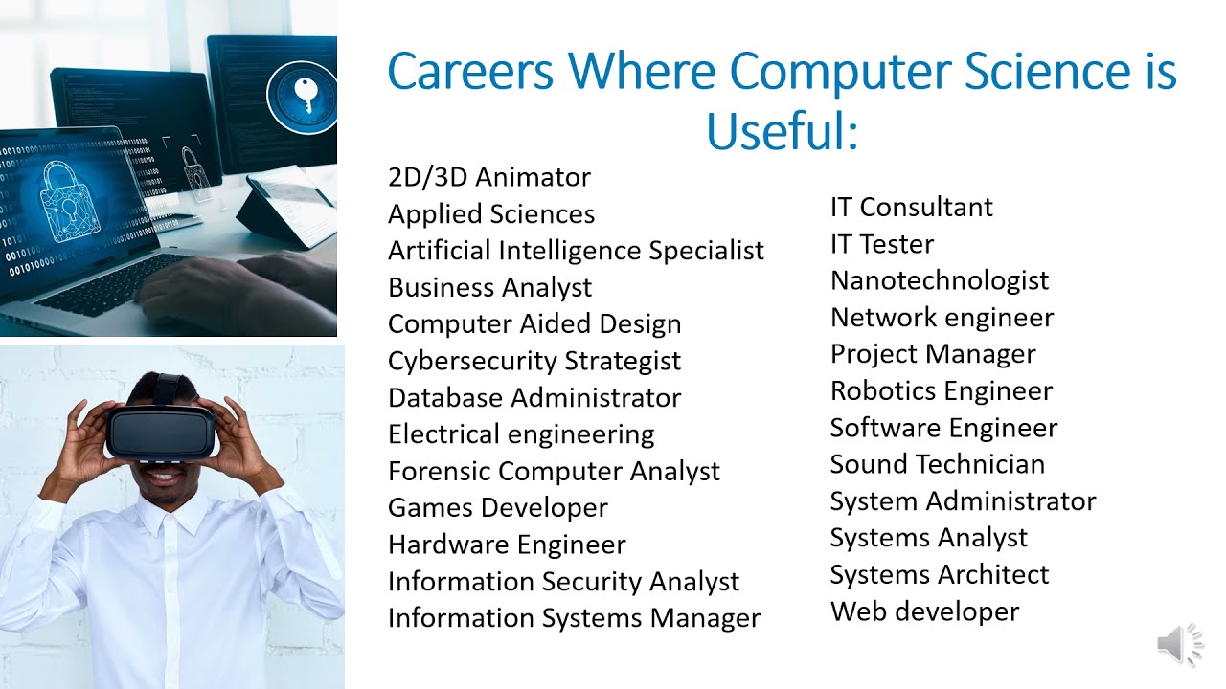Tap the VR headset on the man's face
click(161, 432)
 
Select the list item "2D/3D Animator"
click(488, 177)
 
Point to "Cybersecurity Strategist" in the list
click(534, 361)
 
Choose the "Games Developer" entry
click(497, 507)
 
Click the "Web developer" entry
click(924, 611)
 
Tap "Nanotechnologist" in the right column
click(939, 280)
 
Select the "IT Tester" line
click(881, 244)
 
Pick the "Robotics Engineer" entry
click(941, 390)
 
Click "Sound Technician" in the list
click(937, 464)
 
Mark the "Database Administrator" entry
click(534, 397)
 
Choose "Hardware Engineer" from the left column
click(506, 545)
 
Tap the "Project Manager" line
click(932, 354)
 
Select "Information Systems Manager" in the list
click(573, 618)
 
